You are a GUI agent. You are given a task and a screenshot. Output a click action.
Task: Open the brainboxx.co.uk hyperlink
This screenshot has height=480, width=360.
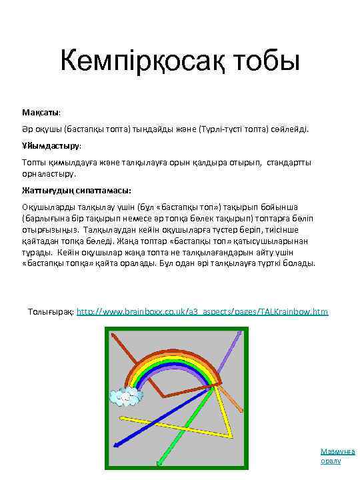tap(203, 311)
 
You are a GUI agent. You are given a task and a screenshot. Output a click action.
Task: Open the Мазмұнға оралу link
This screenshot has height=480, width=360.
tap(337, 455)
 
